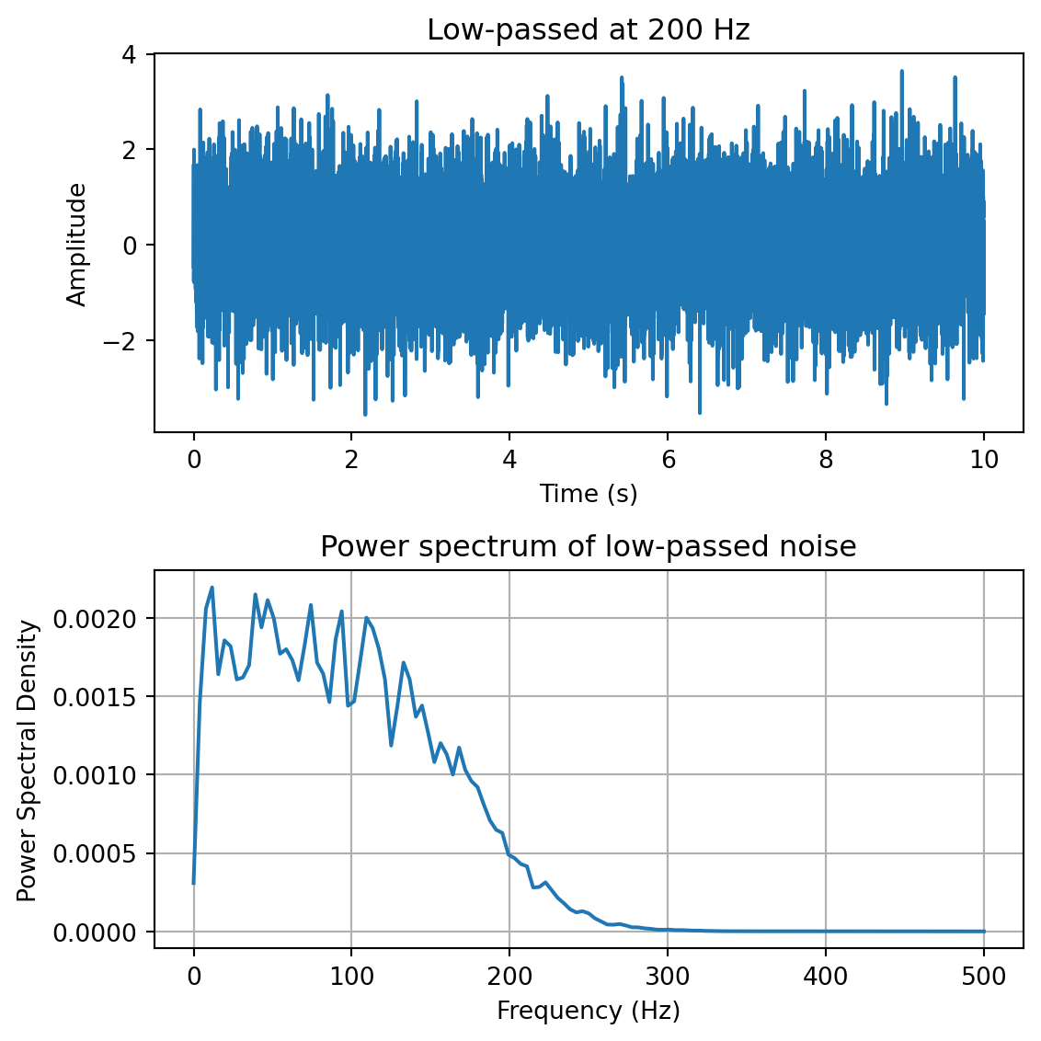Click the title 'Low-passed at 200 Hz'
[x=589, y=30]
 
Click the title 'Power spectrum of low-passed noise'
[x=589, y=546]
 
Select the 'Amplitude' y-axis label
[x=77, y=245]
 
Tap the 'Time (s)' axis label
[x=589, y=494]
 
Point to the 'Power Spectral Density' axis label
[x=28, y=761]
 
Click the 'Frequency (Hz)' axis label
[x=589, y=1012]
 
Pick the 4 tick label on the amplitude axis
[x=129, y=53]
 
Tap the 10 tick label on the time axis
[x=984, y=460]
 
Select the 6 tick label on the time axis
[x=668, y=460]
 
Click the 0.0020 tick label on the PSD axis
[x=95, y=618]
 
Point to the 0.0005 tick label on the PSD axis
[x=95, y=853]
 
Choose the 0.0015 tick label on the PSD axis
[x=95, y=696]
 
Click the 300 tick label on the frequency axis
[x=668, y=977]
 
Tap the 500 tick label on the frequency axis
[x=984, y=977]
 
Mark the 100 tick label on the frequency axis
[x=351, y=977]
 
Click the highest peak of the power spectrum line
[x=212, y=588]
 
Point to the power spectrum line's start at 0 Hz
[x=193, y=884]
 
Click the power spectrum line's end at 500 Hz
[x=984, y=932]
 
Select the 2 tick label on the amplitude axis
[x=129, y=149]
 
